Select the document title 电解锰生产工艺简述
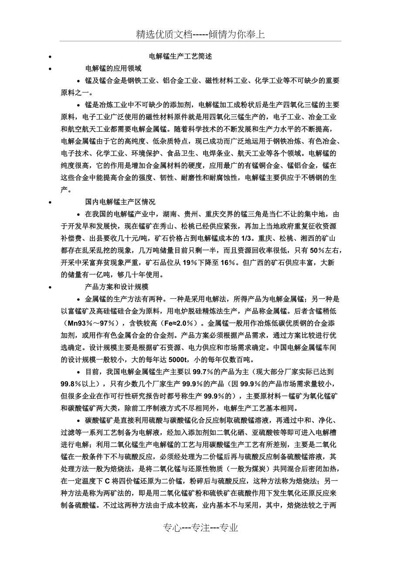click(180, 57)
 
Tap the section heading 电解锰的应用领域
click(113, 68)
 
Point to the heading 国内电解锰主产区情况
click(120, 202)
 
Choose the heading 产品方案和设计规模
click(117, 287)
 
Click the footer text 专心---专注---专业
click(201, 528)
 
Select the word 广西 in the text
click(264, 263)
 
